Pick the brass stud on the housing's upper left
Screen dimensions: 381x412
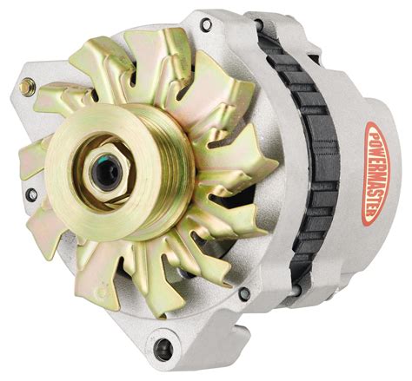tap(30, 86)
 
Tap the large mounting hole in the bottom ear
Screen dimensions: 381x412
tap(164, 350)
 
